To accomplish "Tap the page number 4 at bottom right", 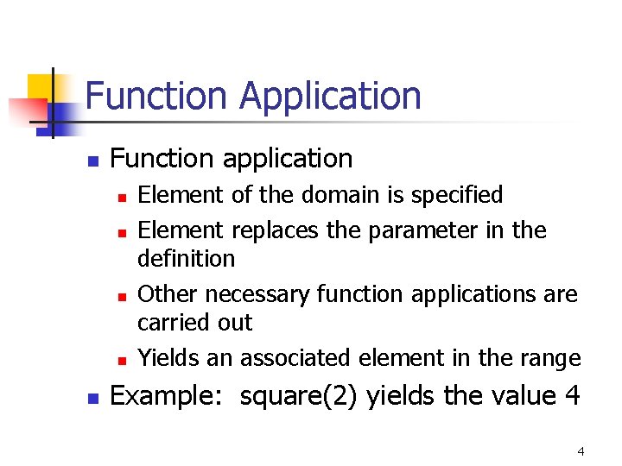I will (x=581, y=451).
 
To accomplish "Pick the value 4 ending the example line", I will (x=572, y=395).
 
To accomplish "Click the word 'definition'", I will (x=186, y=258).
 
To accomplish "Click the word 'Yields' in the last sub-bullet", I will (x=166, y=357).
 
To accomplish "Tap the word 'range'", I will (x=550, y=357).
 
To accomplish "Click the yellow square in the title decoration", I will (x=41, y=87).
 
